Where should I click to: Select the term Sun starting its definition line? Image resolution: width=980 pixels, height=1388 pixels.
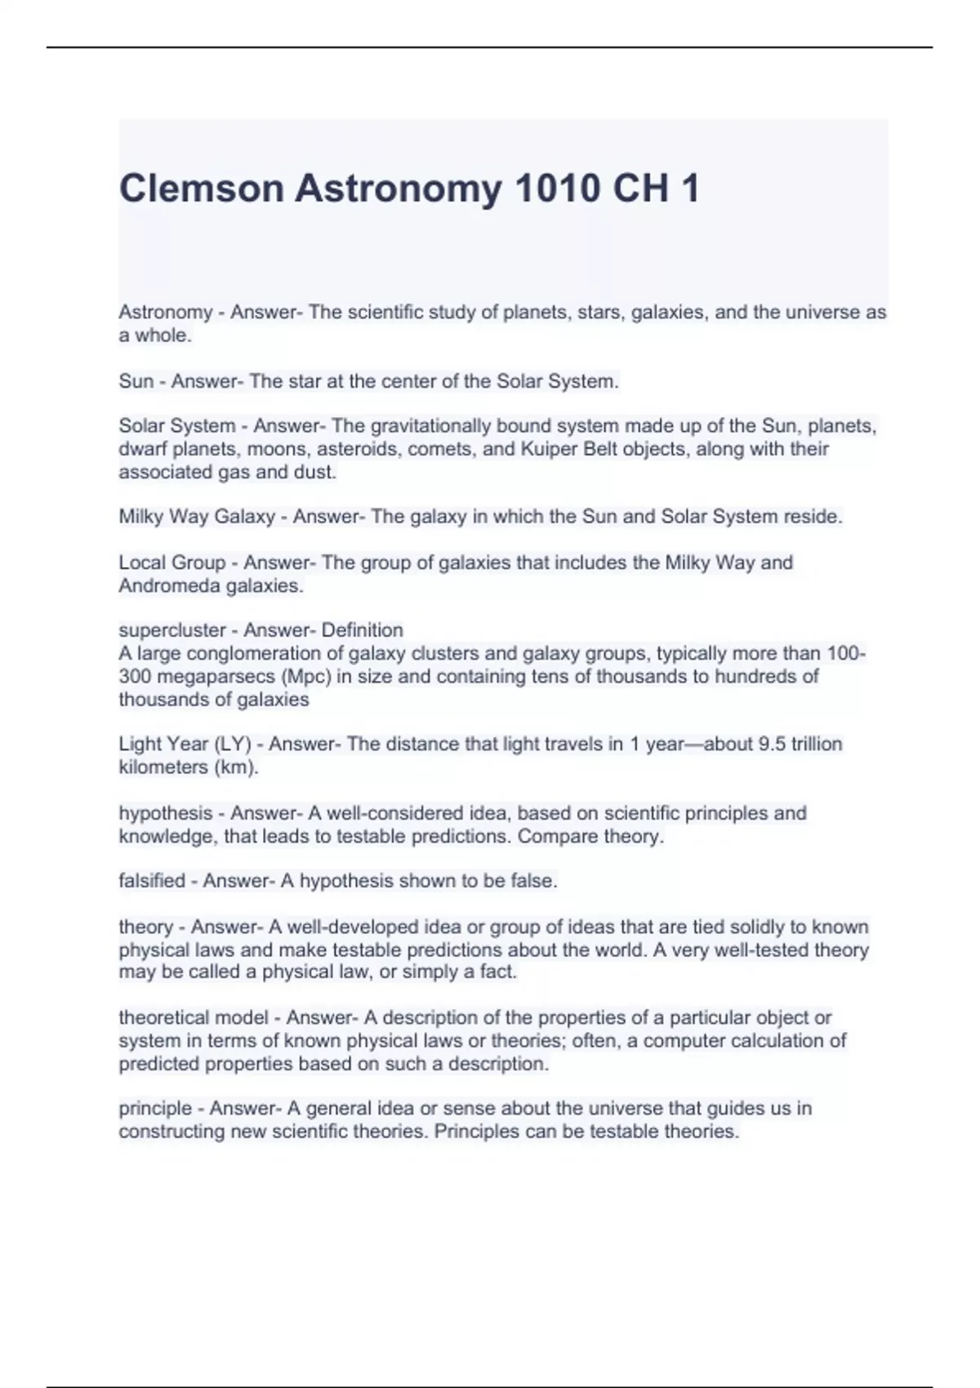pyautogui.click(x=136, y=381)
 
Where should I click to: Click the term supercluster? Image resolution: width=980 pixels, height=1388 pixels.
pyautogui.click(x=171, y=630)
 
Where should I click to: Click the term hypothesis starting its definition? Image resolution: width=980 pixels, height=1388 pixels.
pyautogui.click(x=165, y=813)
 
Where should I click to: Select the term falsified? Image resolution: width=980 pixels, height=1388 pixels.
pyautogui.click(x=152, y=881)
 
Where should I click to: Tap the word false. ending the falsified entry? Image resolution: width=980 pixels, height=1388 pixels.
pyautogui.click(x=534, y=881)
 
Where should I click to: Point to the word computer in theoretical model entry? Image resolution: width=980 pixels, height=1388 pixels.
pyautogui.click(x=684, y=1041)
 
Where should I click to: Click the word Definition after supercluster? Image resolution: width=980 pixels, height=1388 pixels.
pyautogui.click(x=362, y=630)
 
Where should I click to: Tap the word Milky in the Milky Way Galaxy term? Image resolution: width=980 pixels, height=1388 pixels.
pyautogui.click(x=141, y=517)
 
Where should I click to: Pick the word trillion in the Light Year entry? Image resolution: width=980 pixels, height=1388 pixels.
pyautogui.click(x=808, y=745)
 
